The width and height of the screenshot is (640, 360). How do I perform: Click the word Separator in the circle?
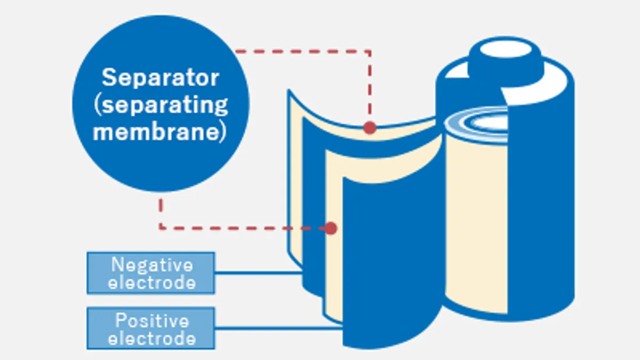pos(161,78)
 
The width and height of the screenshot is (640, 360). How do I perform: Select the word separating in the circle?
pos(164,105)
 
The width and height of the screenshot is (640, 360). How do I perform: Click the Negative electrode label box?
pos(151,273)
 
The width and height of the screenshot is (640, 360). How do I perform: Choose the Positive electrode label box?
pos(151,328)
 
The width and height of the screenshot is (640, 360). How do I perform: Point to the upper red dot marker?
pos(370,127)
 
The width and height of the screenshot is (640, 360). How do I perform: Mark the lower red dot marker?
pos(331,228)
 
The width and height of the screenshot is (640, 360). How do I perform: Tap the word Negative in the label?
pos(152,265)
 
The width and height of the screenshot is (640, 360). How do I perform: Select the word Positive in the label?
pos(152,321)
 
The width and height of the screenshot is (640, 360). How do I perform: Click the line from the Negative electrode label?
pos(259,273)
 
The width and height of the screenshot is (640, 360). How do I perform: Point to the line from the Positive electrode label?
pos(277,328)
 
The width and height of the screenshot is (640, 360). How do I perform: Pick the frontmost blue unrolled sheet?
pos(389,256)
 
